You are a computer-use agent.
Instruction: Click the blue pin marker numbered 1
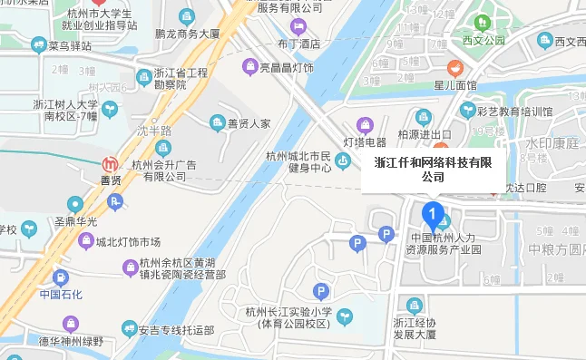pyautogui.click(x=434, y=216)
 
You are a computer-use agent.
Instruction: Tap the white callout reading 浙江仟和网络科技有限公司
pyautogui.click(x=433, y=170)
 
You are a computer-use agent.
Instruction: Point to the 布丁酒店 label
pyautogui.click(x=298, y=43)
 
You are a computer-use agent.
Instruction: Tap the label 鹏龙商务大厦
pyautogui.click(x=188, y=34)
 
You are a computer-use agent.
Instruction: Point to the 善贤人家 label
pyautogui.click(x=248, y=123)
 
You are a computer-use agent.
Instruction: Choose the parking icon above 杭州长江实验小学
pyautogui.click(x=320, y=291)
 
